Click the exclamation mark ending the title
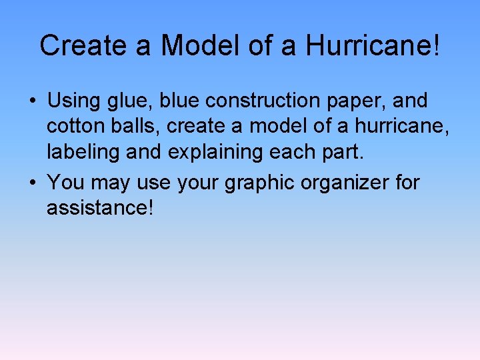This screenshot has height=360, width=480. click(x=437, y=45)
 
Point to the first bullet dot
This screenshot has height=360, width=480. click(x=32, y=102)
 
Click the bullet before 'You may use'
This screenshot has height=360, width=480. click(x=32, y=182)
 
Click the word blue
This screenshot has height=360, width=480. click(x=180, y=101)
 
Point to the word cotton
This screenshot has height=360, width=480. click(x=74, y=127)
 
